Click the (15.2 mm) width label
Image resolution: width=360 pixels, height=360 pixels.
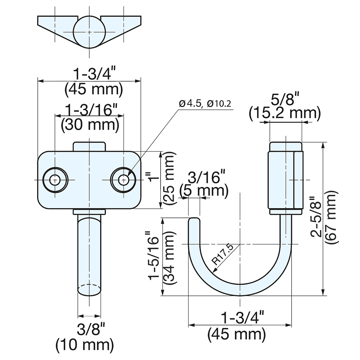(x=284, y=113)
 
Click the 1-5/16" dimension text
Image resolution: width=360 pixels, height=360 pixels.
(x=154, y=258)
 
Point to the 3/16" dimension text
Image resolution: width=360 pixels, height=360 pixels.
(x=207, y=177)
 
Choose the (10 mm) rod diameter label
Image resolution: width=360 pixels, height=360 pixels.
(x=85, y=345)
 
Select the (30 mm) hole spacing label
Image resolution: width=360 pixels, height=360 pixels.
(x=90, y=125)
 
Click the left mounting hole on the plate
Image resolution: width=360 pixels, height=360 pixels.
(x=55, y=180)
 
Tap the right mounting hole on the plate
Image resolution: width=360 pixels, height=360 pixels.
(x=123, y=180)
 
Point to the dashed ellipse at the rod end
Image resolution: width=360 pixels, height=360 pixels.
(x=89, y=289)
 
